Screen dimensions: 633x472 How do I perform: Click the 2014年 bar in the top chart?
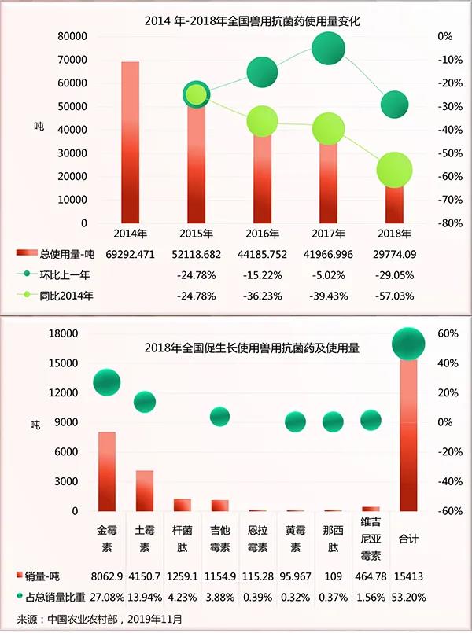pyautogui.click(x=131, y=142)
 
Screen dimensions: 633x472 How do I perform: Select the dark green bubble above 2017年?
pyautogui.click(x=328, y=50)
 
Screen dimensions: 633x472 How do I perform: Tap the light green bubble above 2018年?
pyautogui.click(x=394, y=169)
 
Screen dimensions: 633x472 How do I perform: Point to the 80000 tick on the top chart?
pyautogui.click(x=72, y=36)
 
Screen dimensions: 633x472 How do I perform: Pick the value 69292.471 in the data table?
pyautogui.click(x=130, y=254)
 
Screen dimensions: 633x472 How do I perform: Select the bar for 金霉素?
pyautogui.click(x=107, y=471)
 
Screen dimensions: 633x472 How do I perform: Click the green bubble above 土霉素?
pyautogui.click(x=145, y=401)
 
